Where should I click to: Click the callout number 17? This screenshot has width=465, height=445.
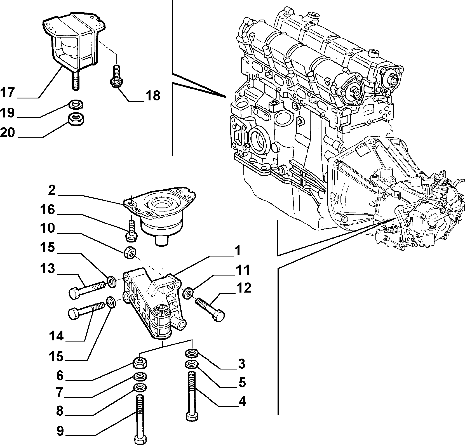click(8, 92)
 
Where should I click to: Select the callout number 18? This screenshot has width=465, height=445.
click(152, 96)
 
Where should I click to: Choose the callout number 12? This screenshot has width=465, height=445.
click(243, 288)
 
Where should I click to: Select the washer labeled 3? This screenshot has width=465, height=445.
click(192, 354)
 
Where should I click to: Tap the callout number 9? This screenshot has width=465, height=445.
click(60, 431)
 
